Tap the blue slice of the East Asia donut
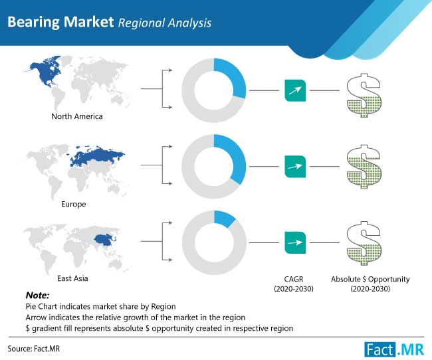coord(225,218)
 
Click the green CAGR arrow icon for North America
coord(295,90)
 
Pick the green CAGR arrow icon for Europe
coord(295,166)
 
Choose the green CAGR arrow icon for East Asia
coord(295,242)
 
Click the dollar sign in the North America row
coord(364,95)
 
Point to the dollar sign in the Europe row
coord(364,167)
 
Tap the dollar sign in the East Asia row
coord(364,243)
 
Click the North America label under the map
coord(77,116)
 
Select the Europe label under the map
coord(74,204)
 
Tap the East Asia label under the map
coord(72,278)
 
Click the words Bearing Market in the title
coord(60,22)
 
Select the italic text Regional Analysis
coord(165,23)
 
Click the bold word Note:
coord(37,296)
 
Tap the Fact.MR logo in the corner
coord(394,349)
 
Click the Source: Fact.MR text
coord(34,349)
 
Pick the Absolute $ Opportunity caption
coord(370,284)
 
